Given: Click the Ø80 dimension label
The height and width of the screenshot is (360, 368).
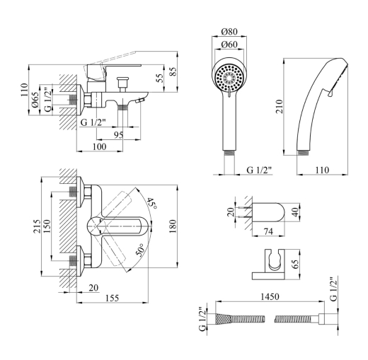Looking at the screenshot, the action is [x=229, y=31].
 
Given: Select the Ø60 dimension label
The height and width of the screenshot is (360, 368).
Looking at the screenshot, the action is [x=229, y=45].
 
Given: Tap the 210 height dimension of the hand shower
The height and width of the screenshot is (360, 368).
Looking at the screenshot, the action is [x=280, y=107].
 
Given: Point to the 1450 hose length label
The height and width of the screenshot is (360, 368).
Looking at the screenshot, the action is [x=270, y=296].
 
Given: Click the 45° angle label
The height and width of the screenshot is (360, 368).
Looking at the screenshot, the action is [x=151, y=203].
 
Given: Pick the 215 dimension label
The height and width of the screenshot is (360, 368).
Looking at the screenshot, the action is [x=37, y=226].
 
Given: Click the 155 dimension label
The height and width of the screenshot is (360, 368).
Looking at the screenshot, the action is [x=112, y=298].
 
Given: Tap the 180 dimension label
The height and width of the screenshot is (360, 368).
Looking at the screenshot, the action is [x=173, y=226].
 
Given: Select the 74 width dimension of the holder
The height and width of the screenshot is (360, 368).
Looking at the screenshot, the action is [x=268, y=231].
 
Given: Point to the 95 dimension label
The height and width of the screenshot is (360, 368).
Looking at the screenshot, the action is [x=118, y=135].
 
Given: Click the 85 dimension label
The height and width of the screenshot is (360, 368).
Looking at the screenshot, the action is [x=173, y=71].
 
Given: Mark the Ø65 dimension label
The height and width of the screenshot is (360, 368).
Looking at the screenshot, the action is [x=35, y=100].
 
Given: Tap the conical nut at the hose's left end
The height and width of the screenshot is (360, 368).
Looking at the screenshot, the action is [x=223, y=318].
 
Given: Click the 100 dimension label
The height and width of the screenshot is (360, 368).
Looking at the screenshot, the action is [x=99, y=146].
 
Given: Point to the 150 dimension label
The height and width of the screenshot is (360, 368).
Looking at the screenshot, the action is [x=47, y=226].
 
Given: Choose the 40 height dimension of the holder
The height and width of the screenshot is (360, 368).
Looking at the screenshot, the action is [x=297, y=212].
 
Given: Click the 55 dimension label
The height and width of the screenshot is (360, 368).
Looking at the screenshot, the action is [x=160, y=78].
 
